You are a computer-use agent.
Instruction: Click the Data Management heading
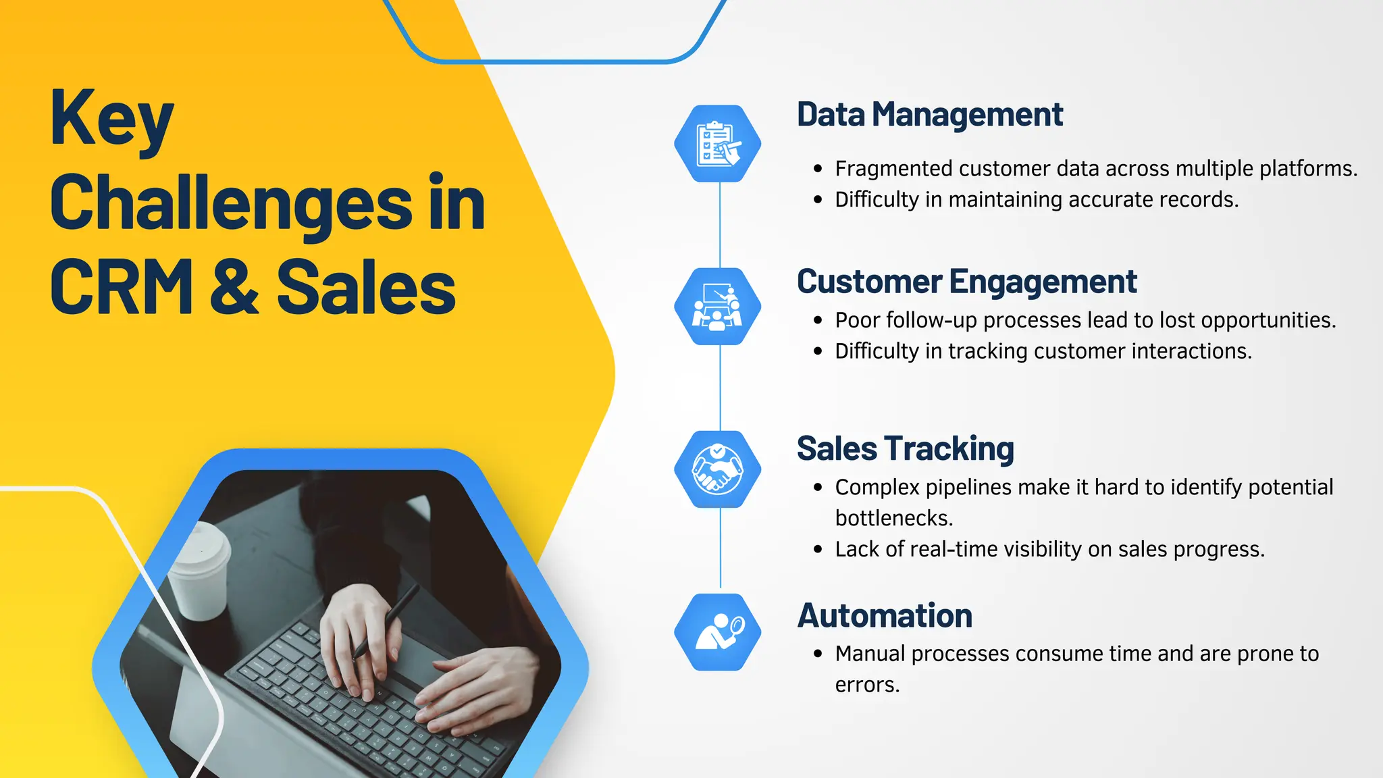pyautogui.click(x=929, y=115)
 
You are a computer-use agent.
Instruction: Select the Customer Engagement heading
pyautogui.click(x=966, y=282)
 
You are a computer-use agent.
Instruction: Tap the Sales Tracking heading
pyautogui.click(x=905, y=449)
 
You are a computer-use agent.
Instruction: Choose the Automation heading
pyautogui.click(x=885, y=616)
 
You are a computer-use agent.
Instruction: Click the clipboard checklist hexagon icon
pyautogui.click(x=718, y=143)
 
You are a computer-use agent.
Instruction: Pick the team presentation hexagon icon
pyautogui.click(x=718, y=307)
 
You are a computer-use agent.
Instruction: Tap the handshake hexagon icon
pyautogui.click(x=718, y=469)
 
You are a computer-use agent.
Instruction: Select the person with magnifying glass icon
pyautogui.click(x=718, y=632)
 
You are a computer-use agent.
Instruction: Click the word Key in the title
pyautogui.click(x=112, y=120)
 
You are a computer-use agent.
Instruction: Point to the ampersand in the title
pyautogui.click(x=234, y=287)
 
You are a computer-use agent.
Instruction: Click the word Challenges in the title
pyautogui.click(x=230, y=203)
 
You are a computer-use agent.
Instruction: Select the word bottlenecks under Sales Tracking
pyautogui.click(x=893, y=518)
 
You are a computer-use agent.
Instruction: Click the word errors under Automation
pyautogui.click(x=867, y=685)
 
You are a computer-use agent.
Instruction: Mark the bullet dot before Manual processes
pyautogui.click(x=818, y=654)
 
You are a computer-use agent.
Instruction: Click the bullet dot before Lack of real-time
pyautogui.click(x=818, y=550)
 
